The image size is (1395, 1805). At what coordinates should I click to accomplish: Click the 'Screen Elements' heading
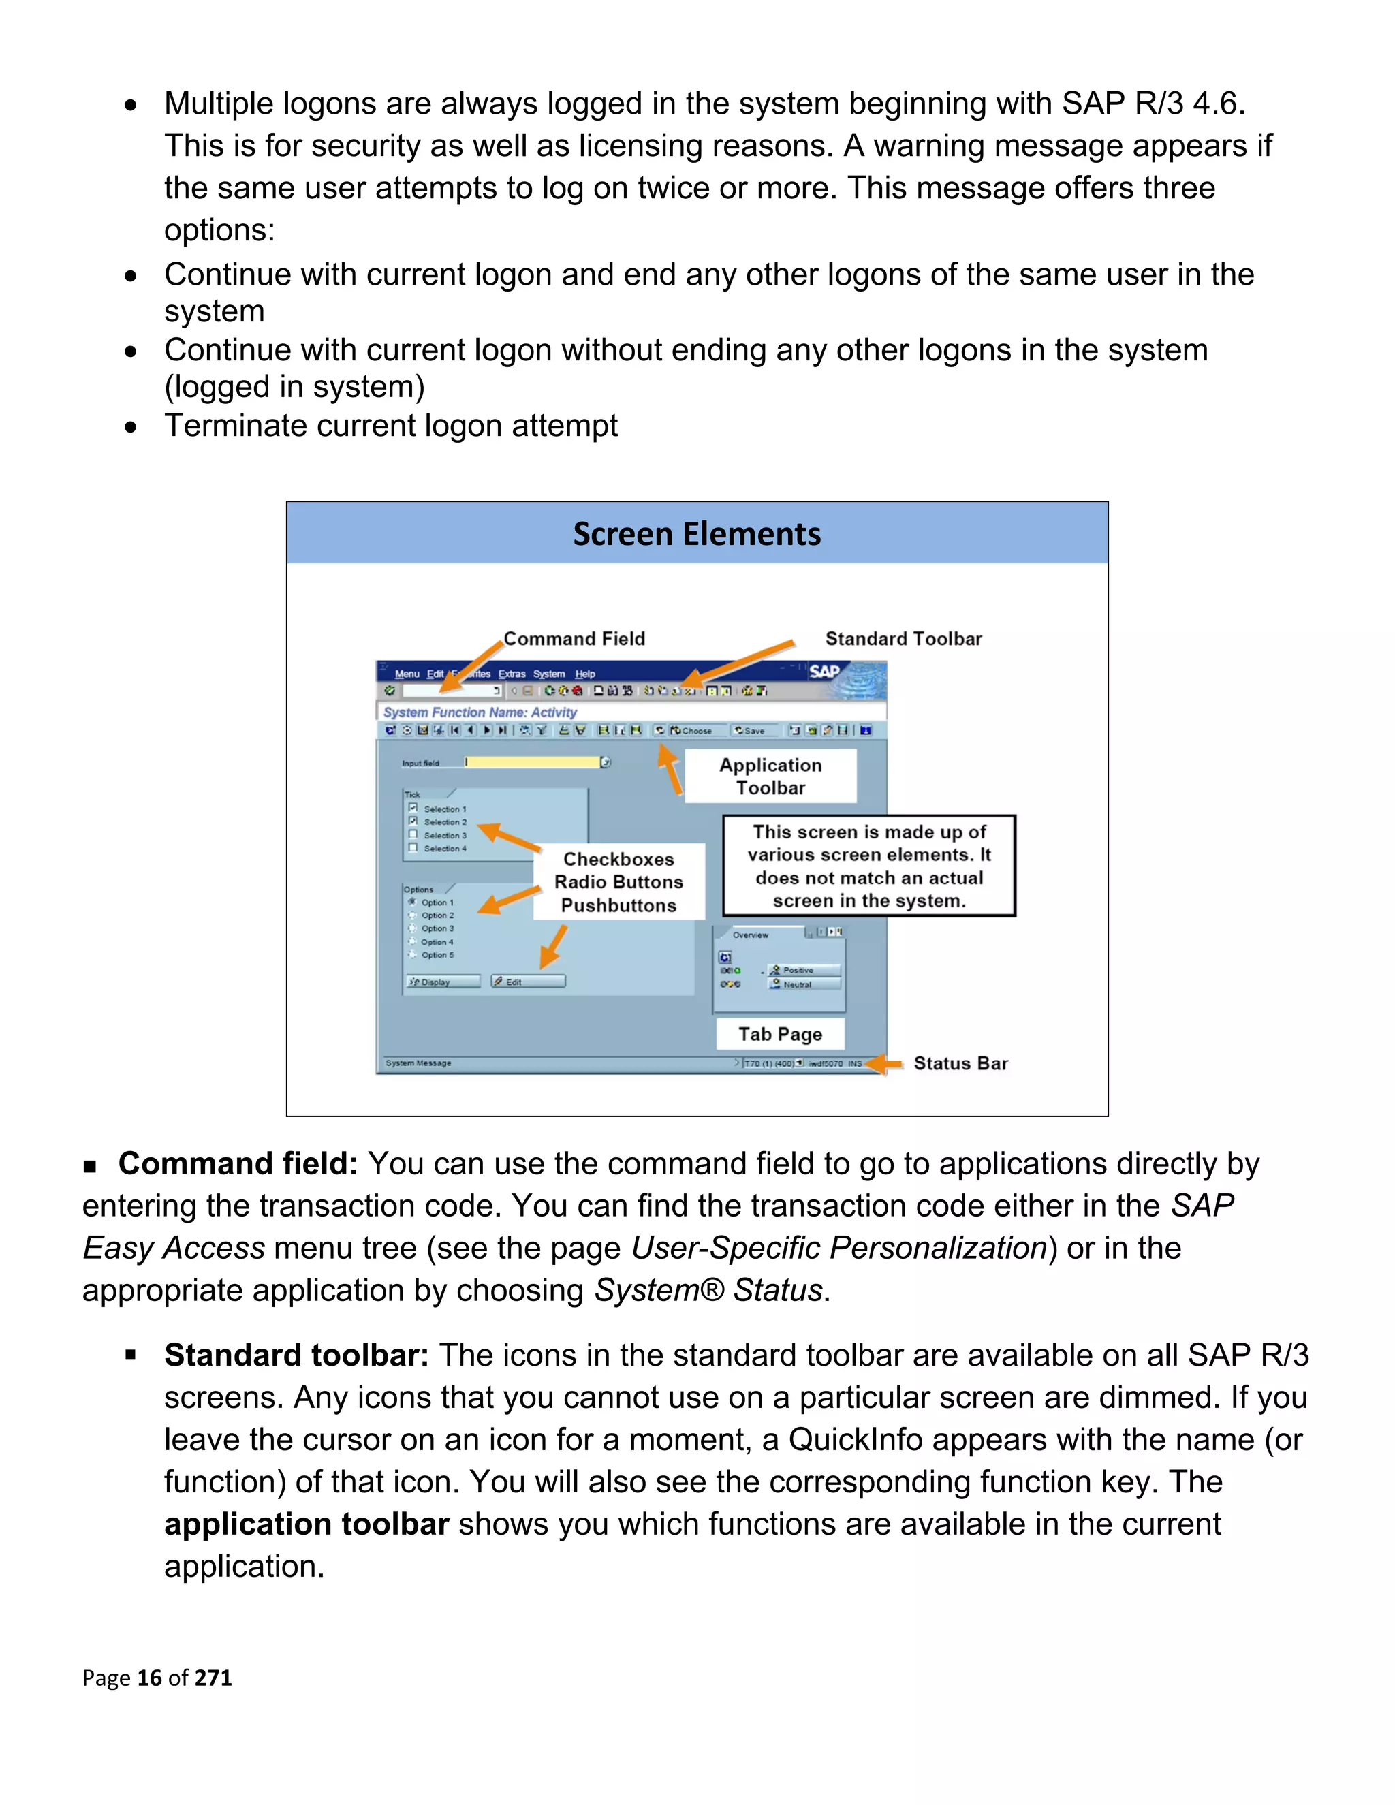tap(697, 534)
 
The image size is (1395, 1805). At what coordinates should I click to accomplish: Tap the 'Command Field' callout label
tap(574, 639)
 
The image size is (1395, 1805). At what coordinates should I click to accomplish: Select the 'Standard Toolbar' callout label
tap(903, 639)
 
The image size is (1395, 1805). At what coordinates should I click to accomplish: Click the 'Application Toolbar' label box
tap(770, 776)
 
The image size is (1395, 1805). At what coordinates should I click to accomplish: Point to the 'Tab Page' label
tap(780, 1034)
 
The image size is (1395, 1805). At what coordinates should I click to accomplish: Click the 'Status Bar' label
tap(960, 1064)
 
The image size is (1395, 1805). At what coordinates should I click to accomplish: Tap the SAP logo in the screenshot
tap(825, 672)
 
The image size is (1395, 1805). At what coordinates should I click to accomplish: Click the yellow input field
tap(533, 762)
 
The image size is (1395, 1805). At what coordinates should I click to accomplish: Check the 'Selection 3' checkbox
tap(412, 835)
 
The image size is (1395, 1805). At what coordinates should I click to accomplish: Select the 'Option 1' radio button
tap(411, 902)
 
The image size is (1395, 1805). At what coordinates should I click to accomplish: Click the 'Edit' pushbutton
tap(528, 982)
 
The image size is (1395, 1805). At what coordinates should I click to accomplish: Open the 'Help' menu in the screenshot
tap(585, 674)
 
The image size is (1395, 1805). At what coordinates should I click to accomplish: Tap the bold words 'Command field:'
tap(238, 1163)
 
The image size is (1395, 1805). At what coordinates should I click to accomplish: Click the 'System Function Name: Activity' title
tap(480, 712)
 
